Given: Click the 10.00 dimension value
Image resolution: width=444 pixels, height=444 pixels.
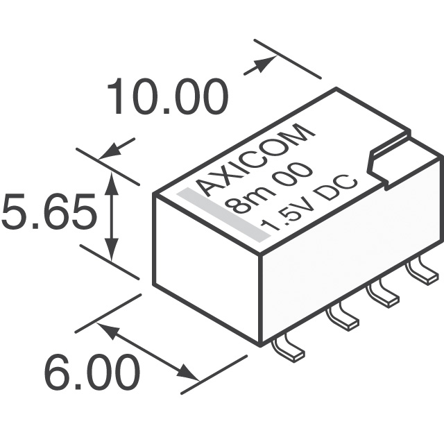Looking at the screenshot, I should pos(166,97).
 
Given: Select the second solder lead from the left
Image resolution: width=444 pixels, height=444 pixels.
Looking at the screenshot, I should pos(341,317).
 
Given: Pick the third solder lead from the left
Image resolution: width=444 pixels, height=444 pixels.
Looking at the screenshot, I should pos(383,293).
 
